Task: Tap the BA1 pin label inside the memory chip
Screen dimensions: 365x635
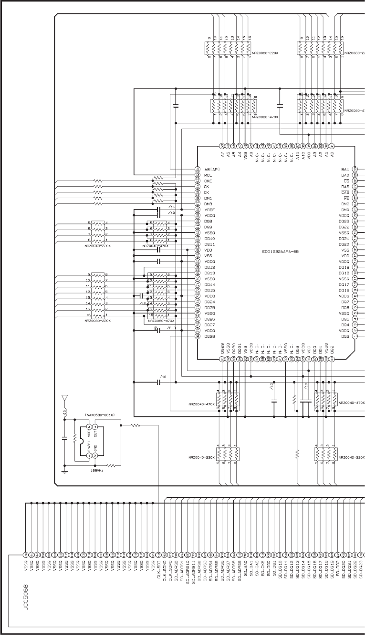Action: [345, 170]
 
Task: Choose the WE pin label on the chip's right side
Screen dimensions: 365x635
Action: [346, 198]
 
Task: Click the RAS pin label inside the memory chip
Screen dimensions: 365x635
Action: [345, 187]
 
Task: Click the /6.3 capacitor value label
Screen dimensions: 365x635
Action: [172, 328]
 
